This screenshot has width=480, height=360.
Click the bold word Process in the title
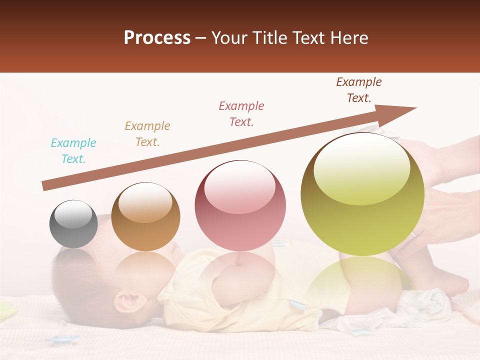pyautogui.click(x=157, y=38)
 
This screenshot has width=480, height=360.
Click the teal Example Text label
pyautogui.click(x=73, y=151)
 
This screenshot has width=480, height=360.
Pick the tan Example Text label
pyautogui.click(x=147, y=134)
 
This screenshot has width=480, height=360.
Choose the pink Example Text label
pyautogui.click(x=241, y=114)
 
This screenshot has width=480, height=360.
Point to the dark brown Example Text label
pyautogui.click(x=359, y=90)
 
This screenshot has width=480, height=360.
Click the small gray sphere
pyautogui.click(x=73, y=224)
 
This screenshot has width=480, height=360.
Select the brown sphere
pyautogui.click(x=145, y=216)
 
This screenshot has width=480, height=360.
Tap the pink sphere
pyautogui.click(x=240, y=205)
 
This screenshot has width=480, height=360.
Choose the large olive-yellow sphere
pyautogui.click(x=362, y=194)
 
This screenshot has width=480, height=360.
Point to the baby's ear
pyautogui.click(x=126, y=301)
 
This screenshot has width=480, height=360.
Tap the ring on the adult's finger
pyautogui.click(x=414, y=233)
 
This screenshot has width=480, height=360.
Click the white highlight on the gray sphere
pyautogui.click(x=73, y=213)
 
